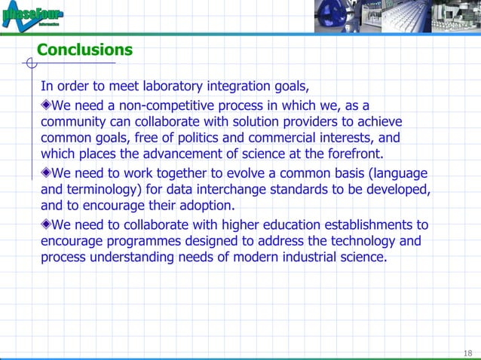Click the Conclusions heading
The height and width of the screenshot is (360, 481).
coord(84,50)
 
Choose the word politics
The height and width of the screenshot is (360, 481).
coord(193,138)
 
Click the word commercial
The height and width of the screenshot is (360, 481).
coord(286,138)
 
